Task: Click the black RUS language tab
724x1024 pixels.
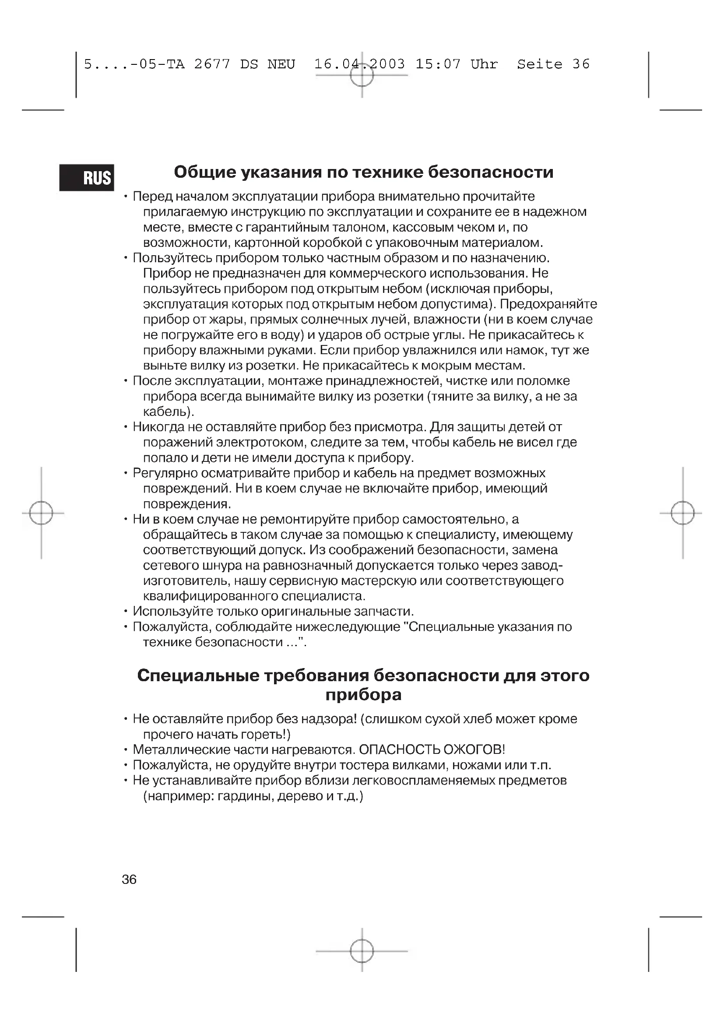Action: [x=87, y=177]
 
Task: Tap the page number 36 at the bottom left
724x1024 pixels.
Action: [x=129, y=879]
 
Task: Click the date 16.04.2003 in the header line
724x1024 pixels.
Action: [x=359, y=64]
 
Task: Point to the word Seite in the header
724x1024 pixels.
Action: [x=539, y=64]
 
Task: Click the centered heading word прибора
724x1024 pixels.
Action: [x=363, y=694]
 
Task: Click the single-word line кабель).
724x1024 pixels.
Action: [x=169, y=411]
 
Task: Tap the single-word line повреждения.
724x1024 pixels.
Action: [x=187, y=504]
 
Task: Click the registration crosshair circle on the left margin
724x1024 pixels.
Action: [x=41, y=513]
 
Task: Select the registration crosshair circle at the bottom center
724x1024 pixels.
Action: [x=362, y=951]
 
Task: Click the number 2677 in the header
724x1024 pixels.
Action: [x=212, y=64]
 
